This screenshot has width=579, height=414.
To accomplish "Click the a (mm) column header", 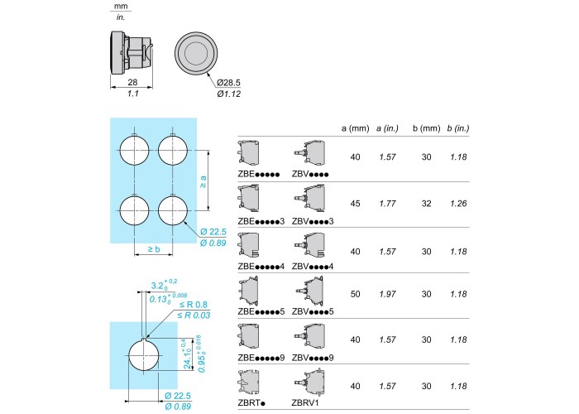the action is pyautogui.click(x=355, y=128).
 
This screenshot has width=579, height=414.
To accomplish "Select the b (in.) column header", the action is pyautogui.click(x=458, y=128).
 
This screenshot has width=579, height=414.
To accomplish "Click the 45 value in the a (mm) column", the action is pyautogui.click(x=355, y=204).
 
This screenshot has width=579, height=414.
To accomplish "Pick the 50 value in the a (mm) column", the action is pyautogui.click(x=355, y=294).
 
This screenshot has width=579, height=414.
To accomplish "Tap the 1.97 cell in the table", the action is pyautogui.click(x=387, y=294).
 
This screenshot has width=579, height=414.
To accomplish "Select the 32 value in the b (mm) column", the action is pyautogui.click(x=427, y=204).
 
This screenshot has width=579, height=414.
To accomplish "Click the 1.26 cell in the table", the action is pyautogui.click(x=458, y=204).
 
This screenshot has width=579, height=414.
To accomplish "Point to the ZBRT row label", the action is pyautogui.click(x=251, y=403).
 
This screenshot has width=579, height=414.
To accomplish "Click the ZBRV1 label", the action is pyautogui.click(x=305, y=403).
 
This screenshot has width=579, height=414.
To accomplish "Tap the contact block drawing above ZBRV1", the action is pyautogui.click(x=310, y=383).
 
